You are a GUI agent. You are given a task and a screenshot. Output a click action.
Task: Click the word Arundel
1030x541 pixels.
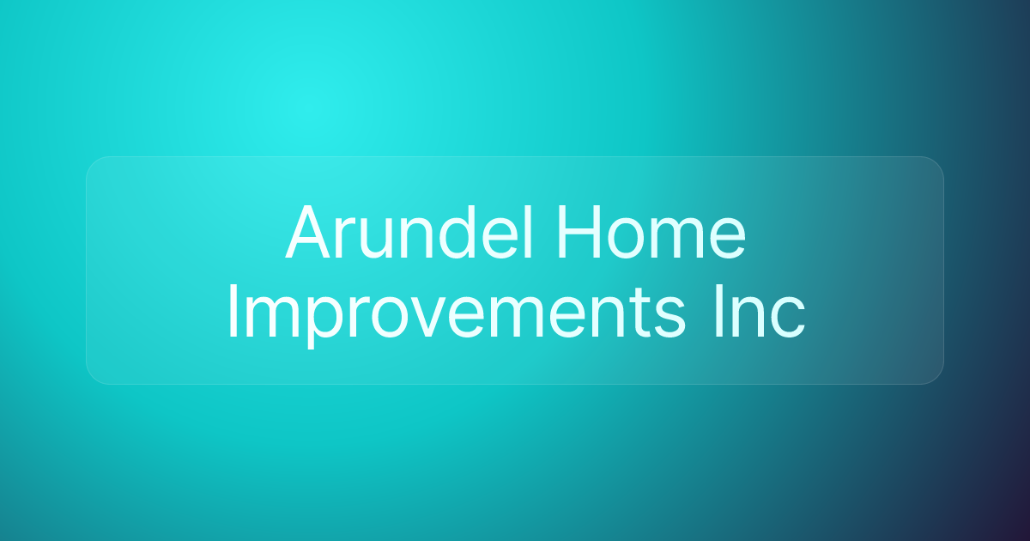(x=409, y=233)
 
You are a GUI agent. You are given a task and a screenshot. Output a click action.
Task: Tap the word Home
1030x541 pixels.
(x=651, y=233)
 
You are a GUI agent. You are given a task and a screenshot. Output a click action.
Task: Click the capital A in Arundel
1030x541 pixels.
(x=307, y=233)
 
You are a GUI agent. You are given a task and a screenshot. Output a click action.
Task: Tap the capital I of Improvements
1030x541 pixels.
(x=233, y=312)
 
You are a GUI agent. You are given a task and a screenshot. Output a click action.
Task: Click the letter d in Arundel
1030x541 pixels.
(x=457, y=233)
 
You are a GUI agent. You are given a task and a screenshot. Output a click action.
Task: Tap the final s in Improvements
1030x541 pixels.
(x=670, y=319)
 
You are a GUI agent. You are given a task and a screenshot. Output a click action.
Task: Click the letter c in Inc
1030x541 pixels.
(x=788, y=319)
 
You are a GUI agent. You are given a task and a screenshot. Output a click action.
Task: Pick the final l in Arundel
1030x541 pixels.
(x=530, y=233)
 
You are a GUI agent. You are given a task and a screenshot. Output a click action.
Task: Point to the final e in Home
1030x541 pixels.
(x=728, y=240)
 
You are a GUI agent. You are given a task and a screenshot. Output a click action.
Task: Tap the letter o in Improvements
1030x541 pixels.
(x=390, y=319)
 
